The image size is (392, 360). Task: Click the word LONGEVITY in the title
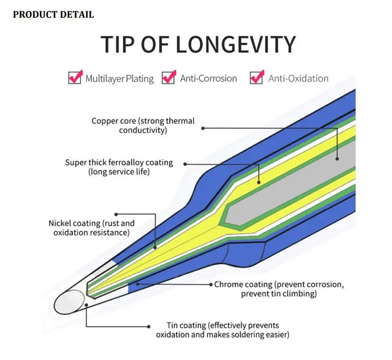[236, 44]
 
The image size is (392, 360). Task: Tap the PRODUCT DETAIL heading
[53, 15]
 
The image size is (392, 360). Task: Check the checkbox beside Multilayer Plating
[75, 78]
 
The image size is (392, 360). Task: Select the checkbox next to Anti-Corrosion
[169, 78]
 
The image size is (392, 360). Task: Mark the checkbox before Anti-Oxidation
[257, 78]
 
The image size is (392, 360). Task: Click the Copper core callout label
[143, 125]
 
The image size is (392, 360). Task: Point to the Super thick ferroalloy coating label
[119, 167]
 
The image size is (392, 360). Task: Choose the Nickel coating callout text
[91, 228]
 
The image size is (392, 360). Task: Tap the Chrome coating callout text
[279, 289]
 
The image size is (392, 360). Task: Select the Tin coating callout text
[222, 330]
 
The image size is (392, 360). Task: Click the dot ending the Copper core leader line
[337, 158]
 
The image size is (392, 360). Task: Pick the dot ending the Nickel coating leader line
[156, 247]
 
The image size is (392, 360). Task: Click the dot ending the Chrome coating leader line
[138, 284]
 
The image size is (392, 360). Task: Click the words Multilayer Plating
[120, 78]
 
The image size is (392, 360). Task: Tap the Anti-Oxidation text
[298, 78]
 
